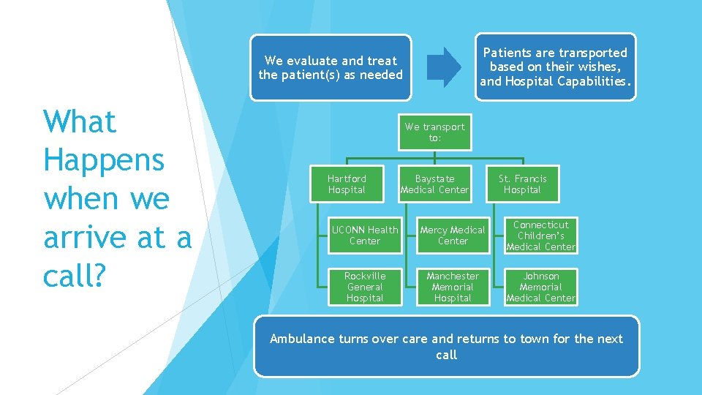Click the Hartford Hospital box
[347, 184]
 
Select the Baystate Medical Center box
[434, 184]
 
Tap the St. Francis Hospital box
[522, 184]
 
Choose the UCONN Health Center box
[365, 235]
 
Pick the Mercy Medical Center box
[453, 235]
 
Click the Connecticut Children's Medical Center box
[541, 235]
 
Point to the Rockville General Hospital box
[365, 287]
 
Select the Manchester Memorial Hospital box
[453, 287]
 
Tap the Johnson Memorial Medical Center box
[541, 287]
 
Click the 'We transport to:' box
[434, 132]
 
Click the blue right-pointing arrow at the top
[443, 67]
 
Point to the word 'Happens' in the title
[104, 160]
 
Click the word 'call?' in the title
[74, 276]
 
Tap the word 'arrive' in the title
[91, 238]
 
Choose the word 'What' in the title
[80, 121]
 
